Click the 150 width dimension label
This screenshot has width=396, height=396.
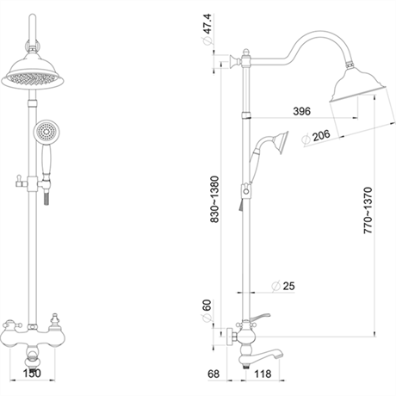[32, 374]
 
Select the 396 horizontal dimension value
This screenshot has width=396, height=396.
[302, 111]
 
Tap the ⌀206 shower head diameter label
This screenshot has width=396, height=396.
[316, 137]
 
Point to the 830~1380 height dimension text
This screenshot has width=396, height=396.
[214, 199]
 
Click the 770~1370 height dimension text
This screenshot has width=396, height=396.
[368, 210]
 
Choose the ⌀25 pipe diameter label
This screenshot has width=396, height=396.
[283, 286]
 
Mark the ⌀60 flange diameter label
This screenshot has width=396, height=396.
[207, 311]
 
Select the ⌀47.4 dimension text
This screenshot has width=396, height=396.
[207, 29]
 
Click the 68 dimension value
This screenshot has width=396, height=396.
[213, 374]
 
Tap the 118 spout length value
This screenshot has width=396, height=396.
[263, 374]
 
